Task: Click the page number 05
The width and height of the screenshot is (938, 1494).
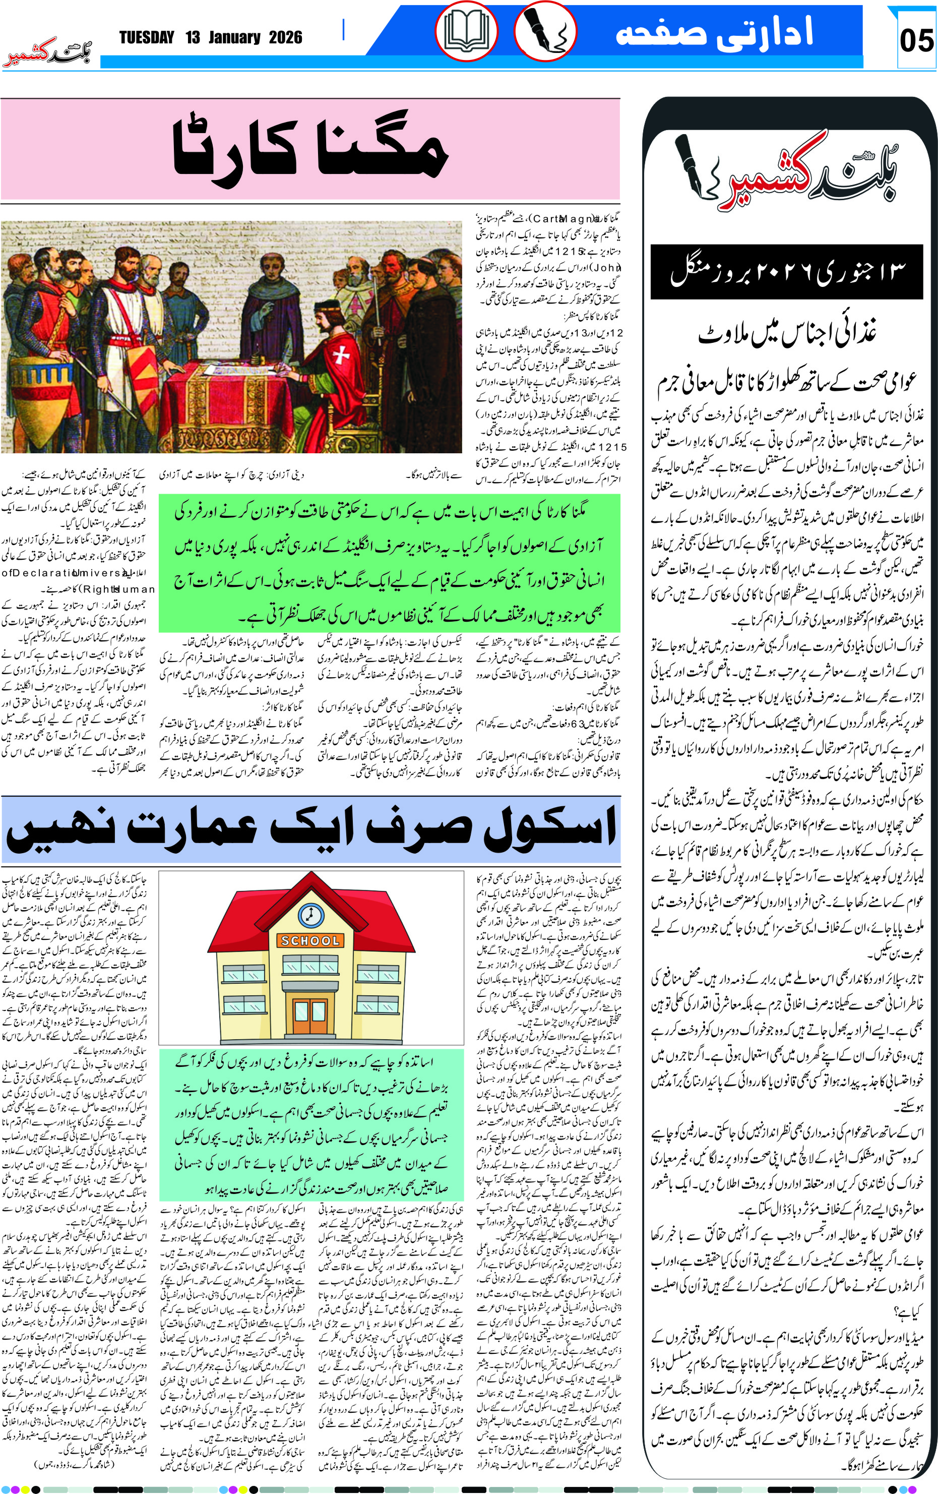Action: (916, 41)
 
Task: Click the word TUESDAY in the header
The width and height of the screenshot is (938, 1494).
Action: (147, 38)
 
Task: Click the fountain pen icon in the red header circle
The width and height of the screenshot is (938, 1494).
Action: (545, 31)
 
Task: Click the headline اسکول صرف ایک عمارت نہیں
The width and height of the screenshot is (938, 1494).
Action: (310, 830)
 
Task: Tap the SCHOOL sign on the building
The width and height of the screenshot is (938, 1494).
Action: (310, 940)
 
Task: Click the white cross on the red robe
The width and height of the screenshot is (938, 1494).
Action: (341, 355)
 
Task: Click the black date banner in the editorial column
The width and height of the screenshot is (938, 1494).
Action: (787, 272)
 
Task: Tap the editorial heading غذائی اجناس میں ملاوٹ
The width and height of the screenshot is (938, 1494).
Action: (787, 334)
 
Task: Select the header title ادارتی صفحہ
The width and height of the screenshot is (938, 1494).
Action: (713, 32)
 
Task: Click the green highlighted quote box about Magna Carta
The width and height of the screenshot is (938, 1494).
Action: (389, 563)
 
